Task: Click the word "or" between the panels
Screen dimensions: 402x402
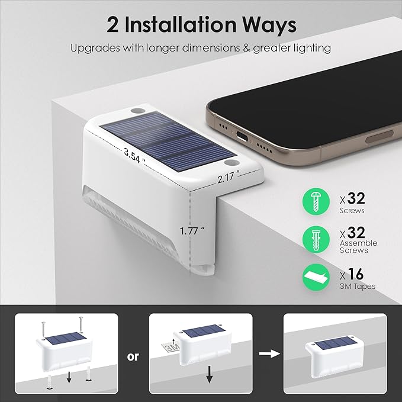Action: [133, 356]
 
